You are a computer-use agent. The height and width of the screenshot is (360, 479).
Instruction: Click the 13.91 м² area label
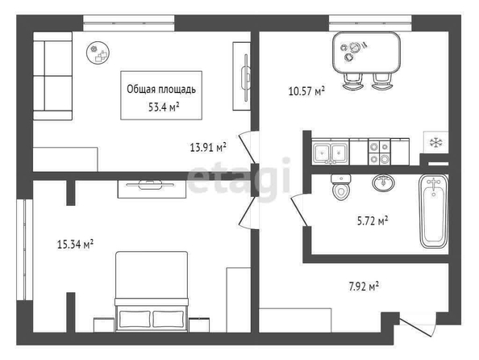208,148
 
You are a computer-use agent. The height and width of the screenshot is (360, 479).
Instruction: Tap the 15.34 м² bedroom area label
75,245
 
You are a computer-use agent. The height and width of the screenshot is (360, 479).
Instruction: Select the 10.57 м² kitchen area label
306,91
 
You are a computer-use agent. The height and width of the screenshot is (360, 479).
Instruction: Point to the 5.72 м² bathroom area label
373,220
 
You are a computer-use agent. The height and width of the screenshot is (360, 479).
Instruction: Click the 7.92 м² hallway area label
364,287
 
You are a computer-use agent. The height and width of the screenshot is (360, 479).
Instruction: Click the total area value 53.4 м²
164,107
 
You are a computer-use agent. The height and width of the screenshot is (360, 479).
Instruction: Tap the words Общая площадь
161,90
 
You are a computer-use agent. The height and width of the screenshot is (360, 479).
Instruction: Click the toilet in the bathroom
341,187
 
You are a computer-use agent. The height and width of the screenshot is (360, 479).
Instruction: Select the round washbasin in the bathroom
383,183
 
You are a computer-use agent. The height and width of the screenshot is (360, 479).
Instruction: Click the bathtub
434,211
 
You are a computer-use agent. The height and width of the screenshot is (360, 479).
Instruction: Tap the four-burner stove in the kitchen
380,152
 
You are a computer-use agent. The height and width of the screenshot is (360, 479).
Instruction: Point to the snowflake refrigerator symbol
436,142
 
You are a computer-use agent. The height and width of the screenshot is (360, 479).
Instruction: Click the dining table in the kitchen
366,52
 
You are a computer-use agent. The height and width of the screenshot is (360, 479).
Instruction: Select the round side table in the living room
98,52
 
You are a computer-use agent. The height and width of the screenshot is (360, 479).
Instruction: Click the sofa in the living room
52,76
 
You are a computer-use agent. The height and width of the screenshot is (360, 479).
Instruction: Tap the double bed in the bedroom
152,291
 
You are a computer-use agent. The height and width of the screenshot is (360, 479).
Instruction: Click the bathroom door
298,211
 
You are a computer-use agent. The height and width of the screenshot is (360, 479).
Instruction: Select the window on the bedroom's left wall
24,249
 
